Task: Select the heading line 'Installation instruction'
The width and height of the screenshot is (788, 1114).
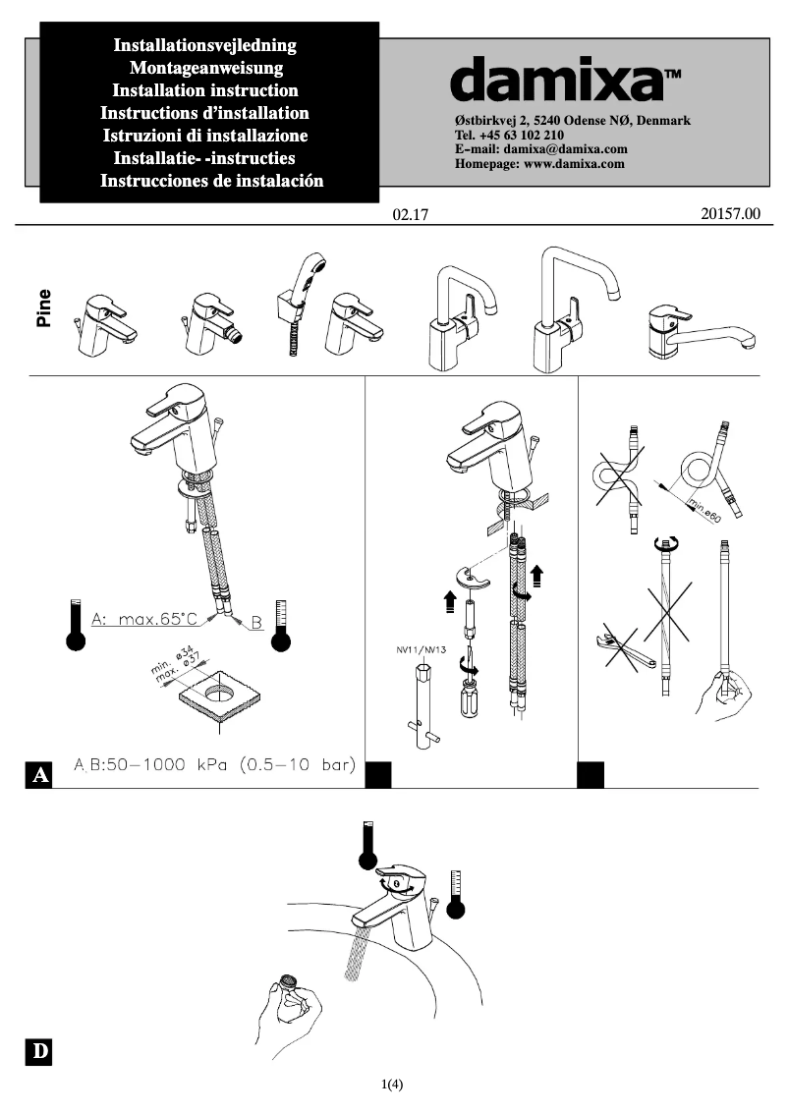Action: coord(205,90)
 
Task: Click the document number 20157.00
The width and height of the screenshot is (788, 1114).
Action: coord(731,213)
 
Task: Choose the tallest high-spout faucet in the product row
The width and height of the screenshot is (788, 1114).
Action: coord(573,309)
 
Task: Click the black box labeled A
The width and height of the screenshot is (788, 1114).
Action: coord(40,775)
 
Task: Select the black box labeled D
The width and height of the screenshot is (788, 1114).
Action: coord(39,1052)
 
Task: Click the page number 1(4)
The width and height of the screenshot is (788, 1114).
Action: coord(393,1085)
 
